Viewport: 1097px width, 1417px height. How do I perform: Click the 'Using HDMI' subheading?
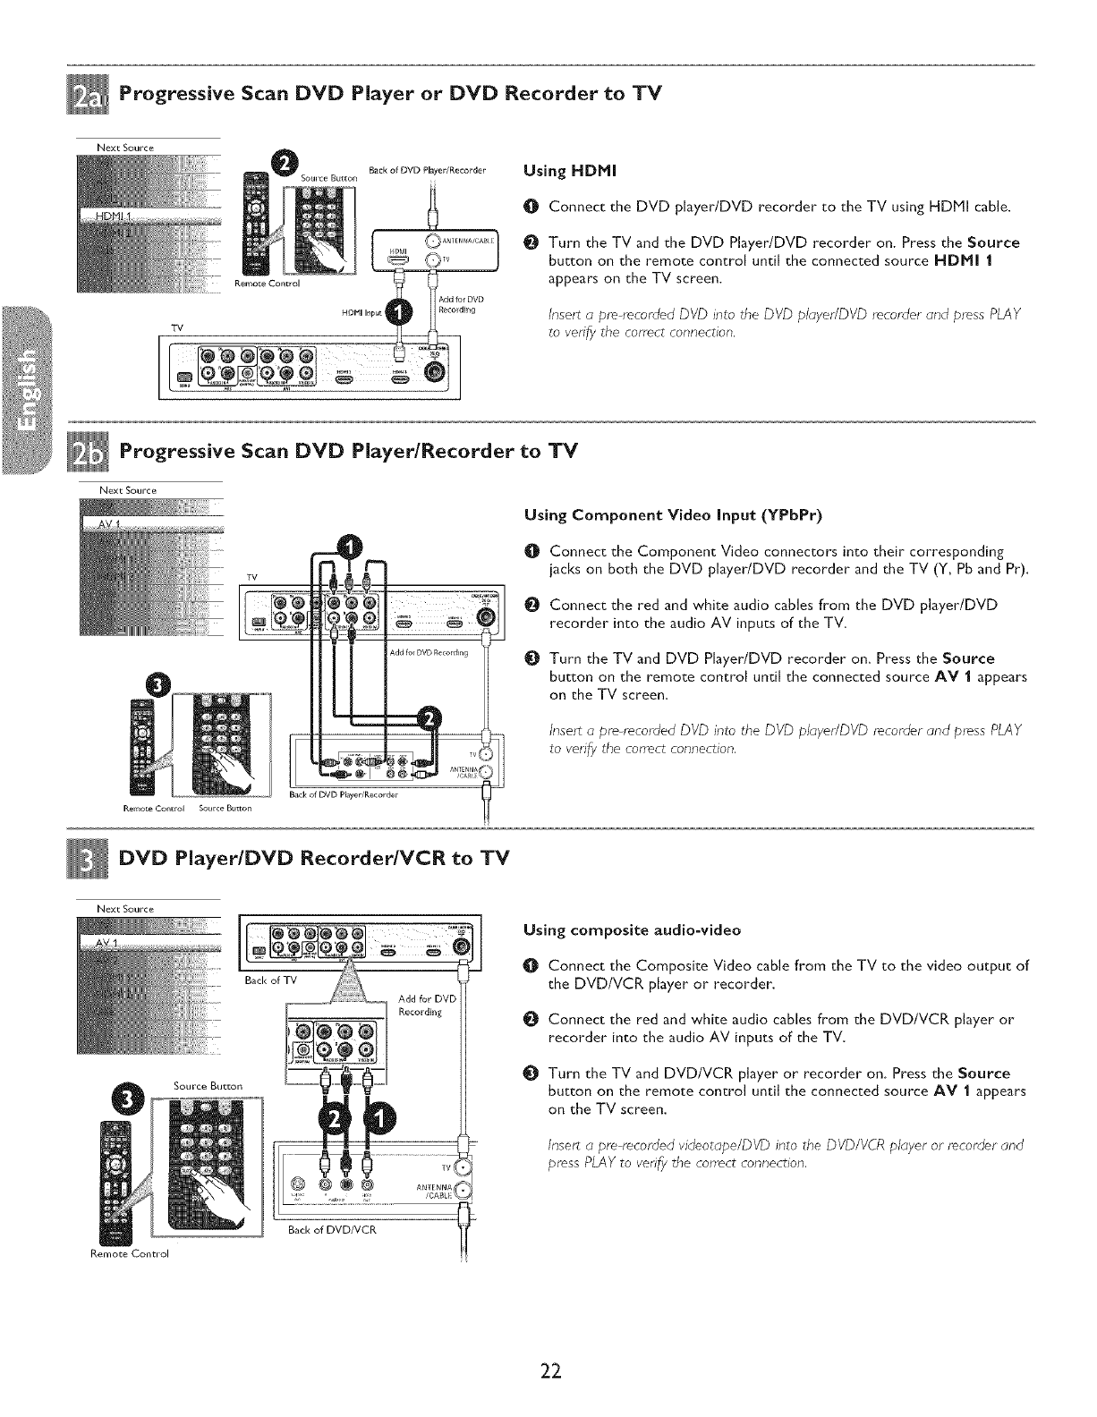[559, 170]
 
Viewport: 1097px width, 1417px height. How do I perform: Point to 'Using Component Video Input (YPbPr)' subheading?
[673, 515]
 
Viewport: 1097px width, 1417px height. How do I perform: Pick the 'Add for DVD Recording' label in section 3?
[427, 1005]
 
